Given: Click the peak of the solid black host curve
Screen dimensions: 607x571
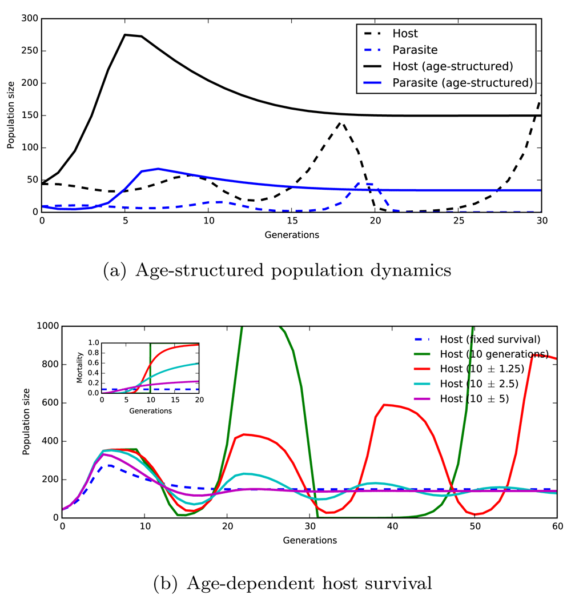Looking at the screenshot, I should click(x=125, y=35).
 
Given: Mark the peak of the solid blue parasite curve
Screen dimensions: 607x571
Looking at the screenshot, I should click(x=158, y=169).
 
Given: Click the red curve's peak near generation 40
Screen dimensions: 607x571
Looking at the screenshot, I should click(x=384, y=405).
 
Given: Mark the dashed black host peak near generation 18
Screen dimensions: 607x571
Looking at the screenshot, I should click(x=341, y=121).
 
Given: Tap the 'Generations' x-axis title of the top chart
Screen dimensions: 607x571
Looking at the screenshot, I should click(x=291, y=234).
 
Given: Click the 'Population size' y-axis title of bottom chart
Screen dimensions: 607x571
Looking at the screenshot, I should click(x=26, y=422).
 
